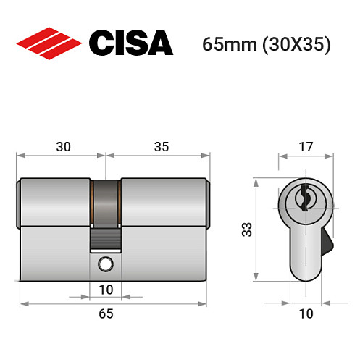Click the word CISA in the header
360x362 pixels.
(x=130, y=43)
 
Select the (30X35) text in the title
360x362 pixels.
(x=297, y=44)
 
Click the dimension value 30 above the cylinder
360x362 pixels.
(x=63, y=147)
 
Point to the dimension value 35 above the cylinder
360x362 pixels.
(x=161, y=147)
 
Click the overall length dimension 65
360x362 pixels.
(x=106, y=313)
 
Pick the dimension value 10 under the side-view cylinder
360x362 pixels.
(x=106, y=289)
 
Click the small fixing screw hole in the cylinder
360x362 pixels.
(x=106, y=263)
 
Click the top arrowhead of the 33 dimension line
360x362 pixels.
(x=256, y=180)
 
